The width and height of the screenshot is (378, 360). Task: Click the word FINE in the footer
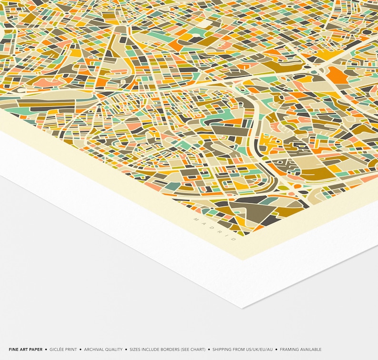(x=13, y=350)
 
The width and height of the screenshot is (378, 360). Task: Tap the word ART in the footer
(x=23, y=350)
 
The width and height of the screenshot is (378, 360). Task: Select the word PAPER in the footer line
(x=35, y=350)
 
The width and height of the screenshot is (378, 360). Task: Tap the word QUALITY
(x=114, y=350)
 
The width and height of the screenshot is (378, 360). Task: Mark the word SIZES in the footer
(x=136, y=350)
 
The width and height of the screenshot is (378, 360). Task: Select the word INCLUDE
(x=152, y=350)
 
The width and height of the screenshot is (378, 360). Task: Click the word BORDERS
(x=172, y=350)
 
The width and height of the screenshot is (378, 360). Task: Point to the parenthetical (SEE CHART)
(x=195, y=350)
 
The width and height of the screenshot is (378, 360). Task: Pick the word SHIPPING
(x=223, y=350)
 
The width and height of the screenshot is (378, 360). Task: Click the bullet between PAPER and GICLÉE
(x=46, y=350)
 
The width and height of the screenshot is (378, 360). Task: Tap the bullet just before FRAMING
(x=277, y=350)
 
